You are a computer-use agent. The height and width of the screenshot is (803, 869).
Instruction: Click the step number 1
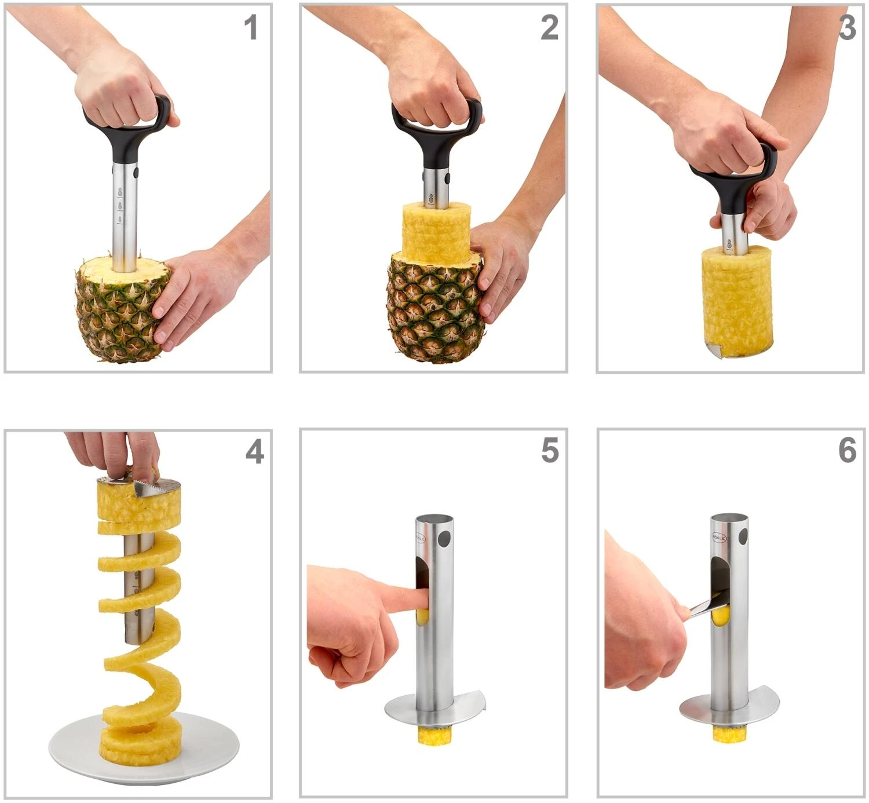pos(250,28)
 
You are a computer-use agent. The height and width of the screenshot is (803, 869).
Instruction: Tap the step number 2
pos(549,28)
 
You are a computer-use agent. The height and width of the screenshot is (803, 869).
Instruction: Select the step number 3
pos(847,28)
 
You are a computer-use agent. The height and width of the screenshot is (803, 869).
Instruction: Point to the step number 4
pos(254,451)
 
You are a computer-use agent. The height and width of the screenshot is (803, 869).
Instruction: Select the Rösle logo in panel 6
pos(718,536)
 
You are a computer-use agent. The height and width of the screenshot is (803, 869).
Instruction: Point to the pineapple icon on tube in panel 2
pos(430,199)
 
